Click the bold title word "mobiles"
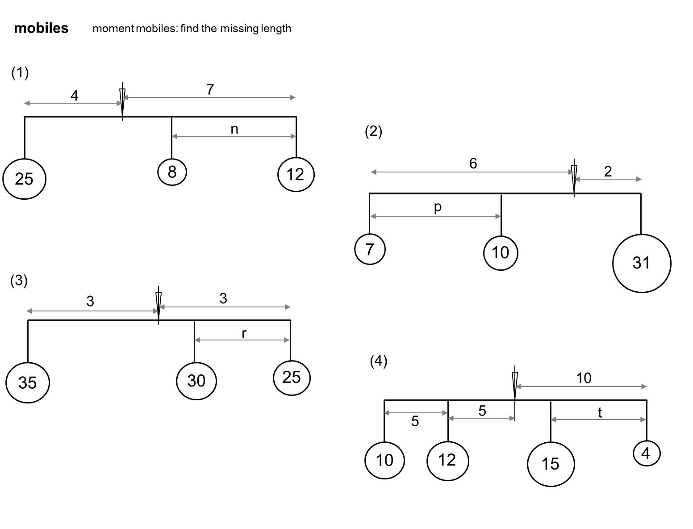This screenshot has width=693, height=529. tap(41, 28)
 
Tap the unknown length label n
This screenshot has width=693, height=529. tap(234, 130)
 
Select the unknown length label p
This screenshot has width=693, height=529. tap(438, 207)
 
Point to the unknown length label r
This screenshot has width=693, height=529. tap(244, 333)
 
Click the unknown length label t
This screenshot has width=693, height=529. tap(600, 413)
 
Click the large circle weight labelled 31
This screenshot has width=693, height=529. tap(641, 263)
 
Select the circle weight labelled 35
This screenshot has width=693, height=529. tap(27, 382)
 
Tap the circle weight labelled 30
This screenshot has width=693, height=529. tap(196, 381)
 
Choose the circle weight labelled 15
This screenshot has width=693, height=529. tap(551, 464)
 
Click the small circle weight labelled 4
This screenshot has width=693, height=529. tap(646, 453)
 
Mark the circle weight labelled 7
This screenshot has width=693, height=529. tap(370, 249)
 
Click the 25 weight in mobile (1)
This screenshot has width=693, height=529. tap(24, 179)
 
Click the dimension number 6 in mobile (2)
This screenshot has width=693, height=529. tap(473, 164)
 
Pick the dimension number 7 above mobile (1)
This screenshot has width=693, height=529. tap(210, 89)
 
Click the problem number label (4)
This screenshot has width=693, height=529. tap(378, 361)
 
